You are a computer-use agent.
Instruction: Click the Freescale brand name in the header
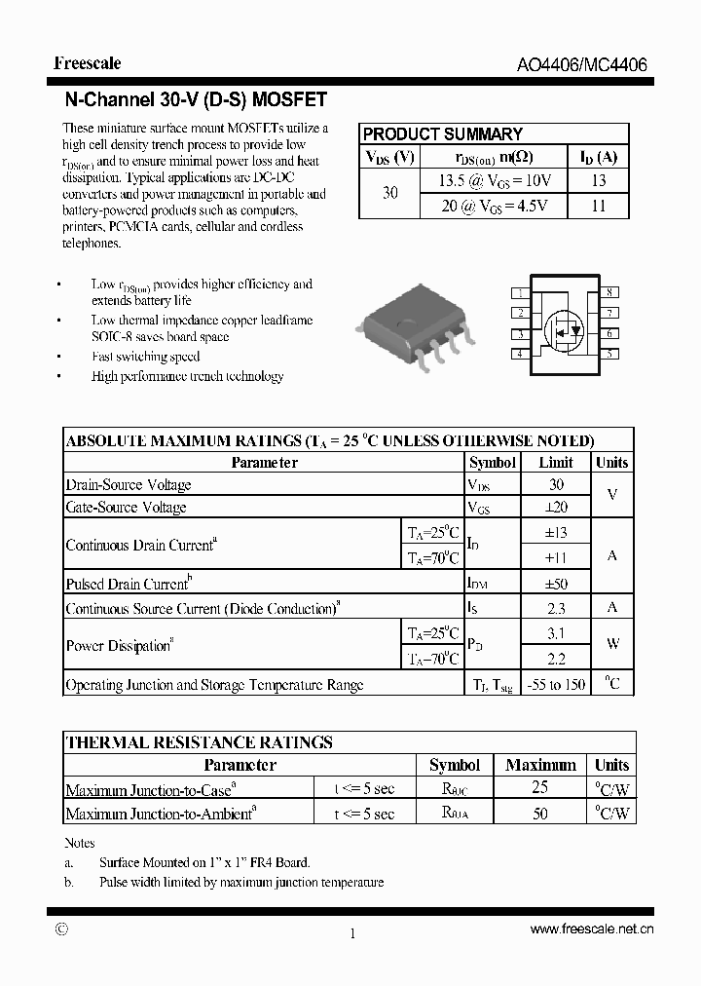pos(88,63)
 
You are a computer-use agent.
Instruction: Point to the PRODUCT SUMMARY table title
pos(443,134)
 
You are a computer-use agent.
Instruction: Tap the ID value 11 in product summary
pos(598,206)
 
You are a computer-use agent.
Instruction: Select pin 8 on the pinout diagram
pos(609,292)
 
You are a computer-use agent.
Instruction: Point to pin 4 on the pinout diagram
pos(521,354)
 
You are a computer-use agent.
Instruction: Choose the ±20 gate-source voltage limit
pos(556,507)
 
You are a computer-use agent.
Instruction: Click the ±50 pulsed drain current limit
pos(556,585)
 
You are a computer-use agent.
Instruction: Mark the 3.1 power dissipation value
pos(556,632)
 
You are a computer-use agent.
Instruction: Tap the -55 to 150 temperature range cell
pos(556,685)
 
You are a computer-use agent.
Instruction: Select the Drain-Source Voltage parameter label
pos(129,485)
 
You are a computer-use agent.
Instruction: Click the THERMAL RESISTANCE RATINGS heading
pos(199,742)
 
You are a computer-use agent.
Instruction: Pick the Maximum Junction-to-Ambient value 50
pos(540,814)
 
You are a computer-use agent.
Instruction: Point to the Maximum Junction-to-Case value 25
pos(540,788)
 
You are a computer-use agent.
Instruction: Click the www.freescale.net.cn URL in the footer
pos(591,930)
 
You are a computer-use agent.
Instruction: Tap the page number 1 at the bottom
pos(351,933)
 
